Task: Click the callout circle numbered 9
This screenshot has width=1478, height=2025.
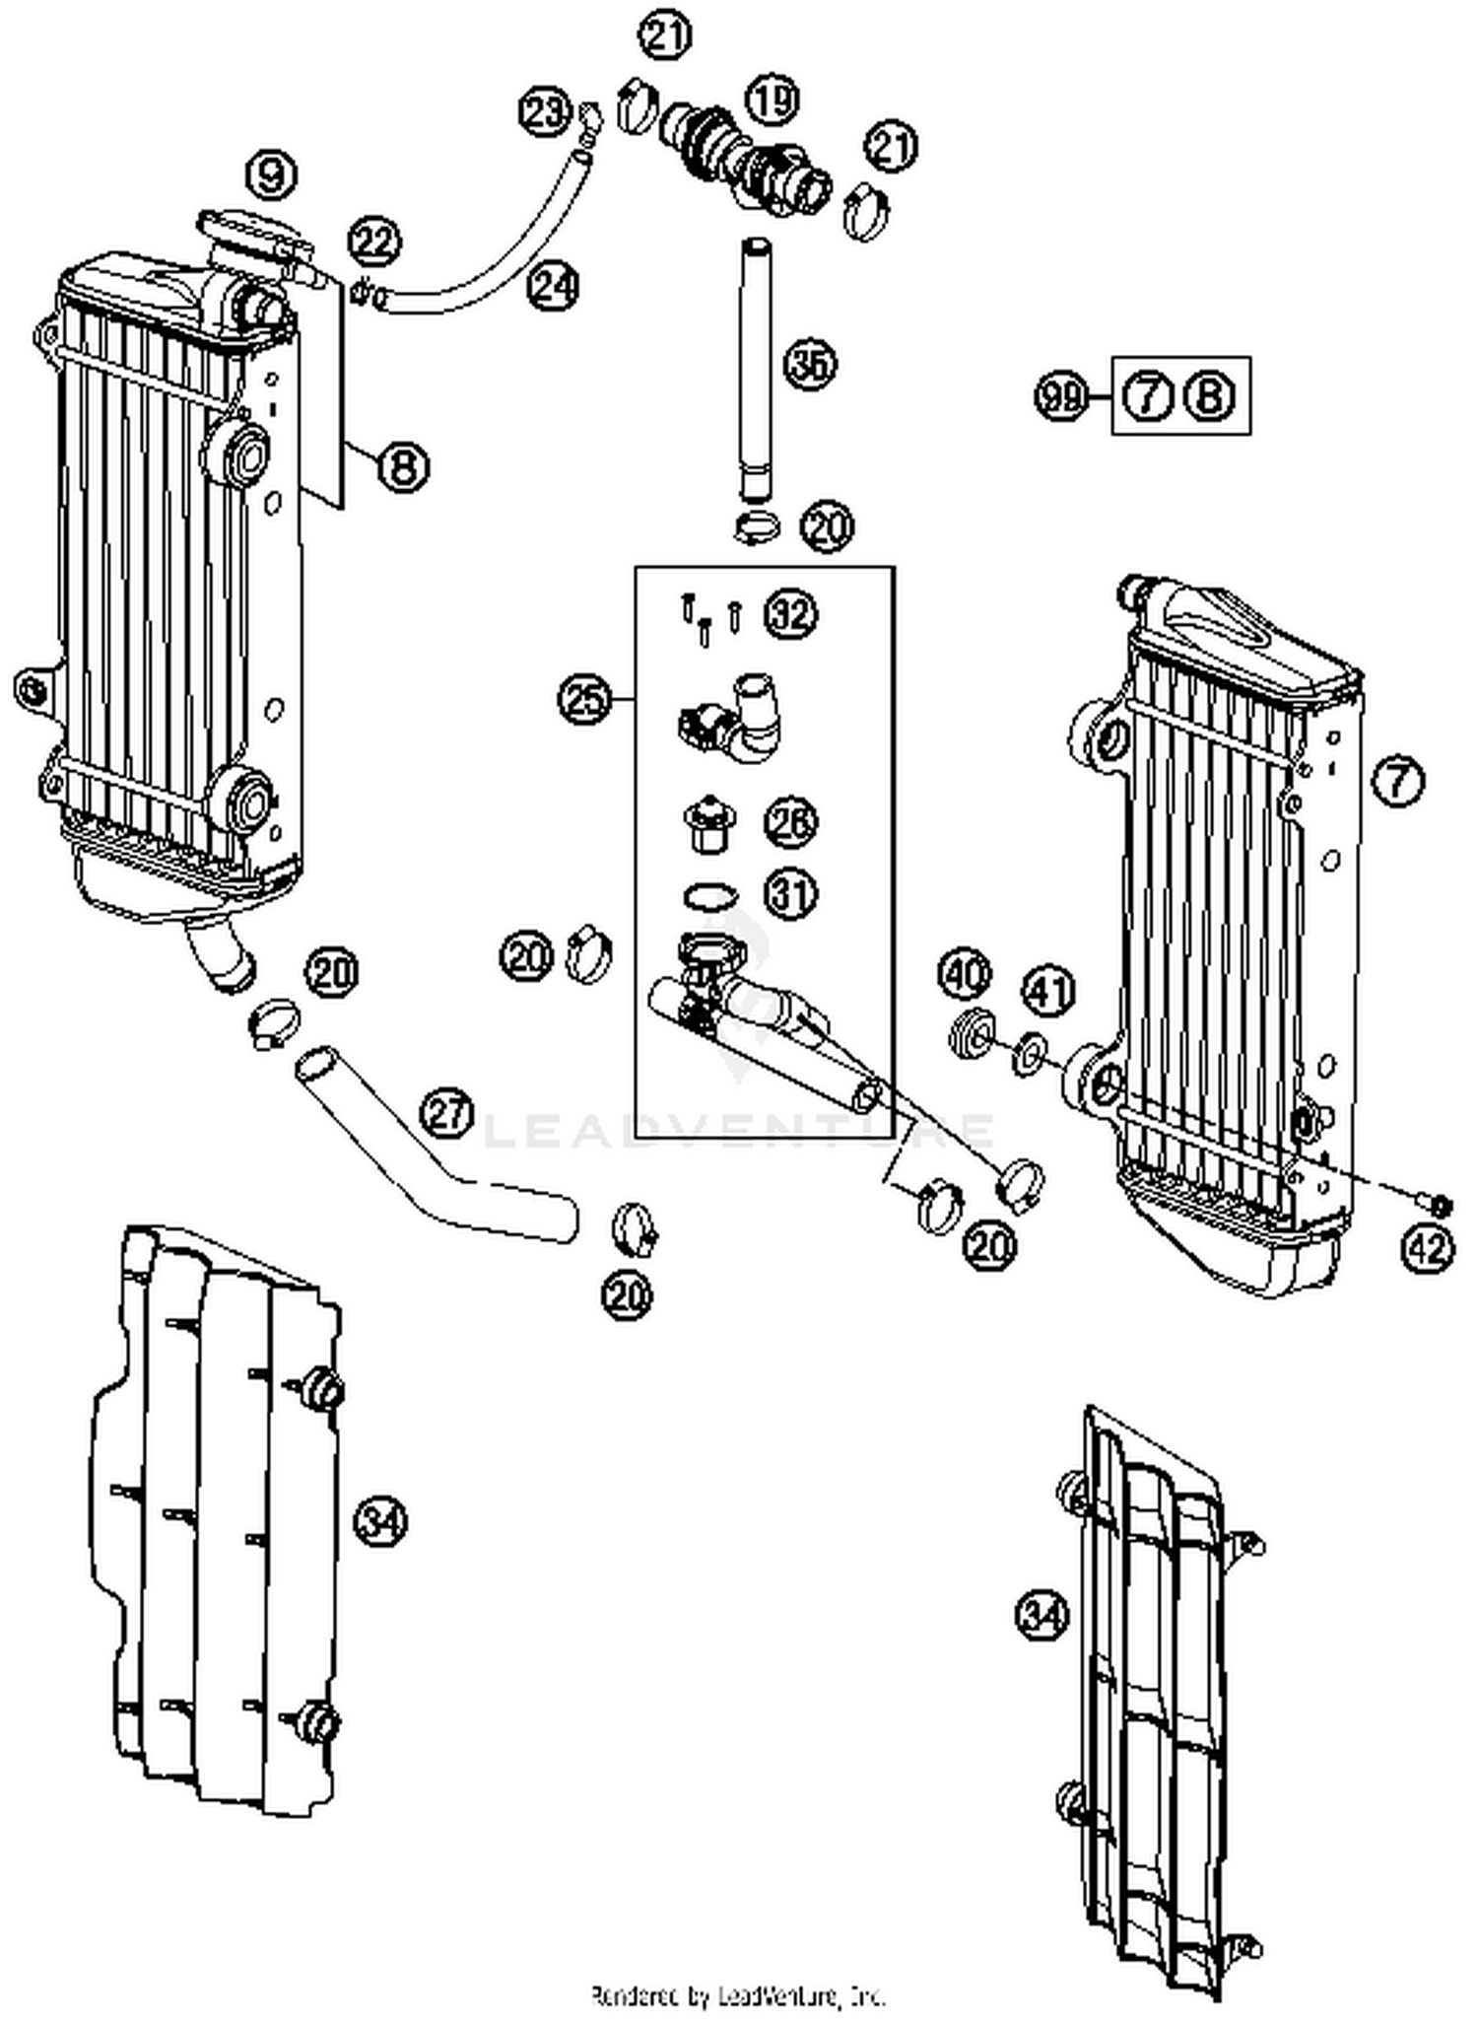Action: tap(272, 177)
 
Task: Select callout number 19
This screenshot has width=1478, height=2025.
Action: tap(772, 100)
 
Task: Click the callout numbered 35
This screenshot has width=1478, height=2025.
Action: tap(810, 364)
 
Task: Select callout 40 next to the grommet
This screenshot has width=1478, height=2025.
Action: tap(966, 975)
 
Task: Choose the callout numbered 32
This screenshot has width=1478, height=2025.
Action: tap(791, 614)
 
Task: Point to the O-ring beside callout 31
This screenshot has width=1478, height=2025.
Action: tap(709, 896)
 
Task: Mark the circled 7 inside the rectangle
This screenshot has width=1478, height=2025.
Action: tap(1148, 397)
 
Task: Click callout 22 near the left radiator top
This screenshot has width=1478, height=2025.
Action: tap(374, 242)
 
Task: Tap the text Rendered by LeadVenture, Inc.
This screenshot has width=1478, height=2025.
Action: tap(738, 1996)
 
